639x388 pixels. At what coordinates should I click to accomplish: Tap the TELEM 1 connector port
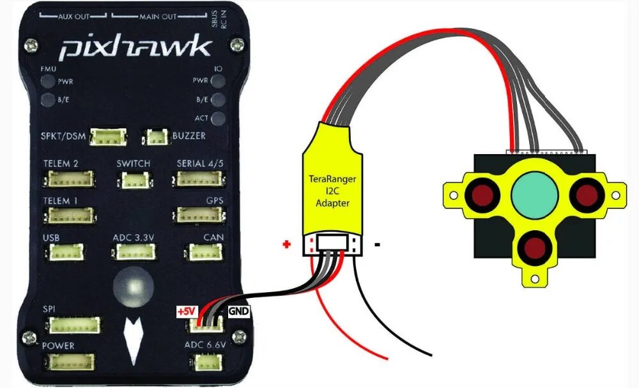tap(66, 216)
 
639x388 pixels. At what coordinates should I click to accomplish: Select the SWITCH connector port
tap(133, 180)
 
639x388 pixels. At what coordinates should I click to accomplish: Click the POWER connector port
tap(68, 362)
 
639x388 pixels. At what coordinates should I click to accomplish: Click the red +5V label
tap(186, 312)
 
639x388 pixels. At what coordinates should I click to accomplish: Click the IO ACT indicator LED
tap(219, 119)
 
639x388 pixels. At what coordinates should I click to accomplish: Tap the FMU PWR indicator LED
tap(48, 81)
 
